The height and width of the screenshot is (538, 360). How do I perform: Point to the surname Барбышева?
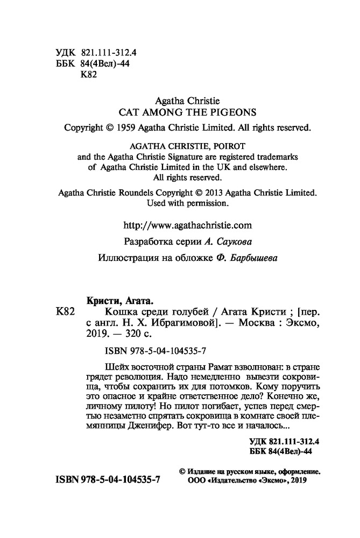point(258,258)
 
